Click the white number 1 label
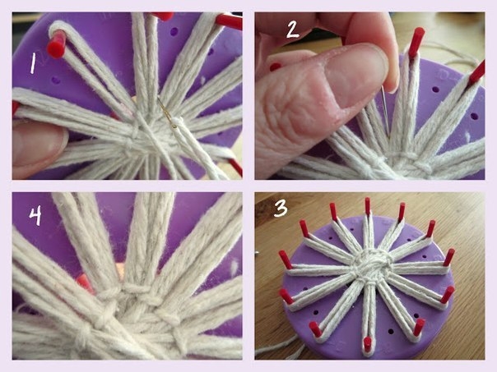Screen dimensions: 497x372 (32, 63)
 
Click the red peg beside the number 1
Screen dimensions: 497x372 (57, 44)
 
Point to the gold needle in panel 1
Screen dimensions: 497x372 (167, 113)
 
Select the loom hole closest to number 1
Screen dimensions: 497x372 (56, 80)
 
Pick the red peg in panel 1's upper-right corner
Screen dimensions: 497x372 (230, 21)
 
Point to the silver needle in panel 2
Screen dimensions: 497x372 (386, 112)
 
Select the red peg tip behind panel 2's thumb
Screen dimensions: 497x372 (275, 67)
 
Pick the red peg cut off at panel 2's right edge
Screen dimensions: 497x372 (477, 73)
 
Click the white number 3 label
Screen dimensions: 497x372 (281, 209)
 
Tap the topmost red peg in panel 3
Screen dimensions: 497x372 (367, 206)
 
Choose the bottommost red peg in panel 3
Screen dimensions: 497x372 (367, 344)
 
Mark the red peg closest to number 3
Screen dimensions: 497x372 (304, 228)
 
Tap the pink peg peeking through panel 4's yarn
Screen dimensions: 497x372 (85, 282)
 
